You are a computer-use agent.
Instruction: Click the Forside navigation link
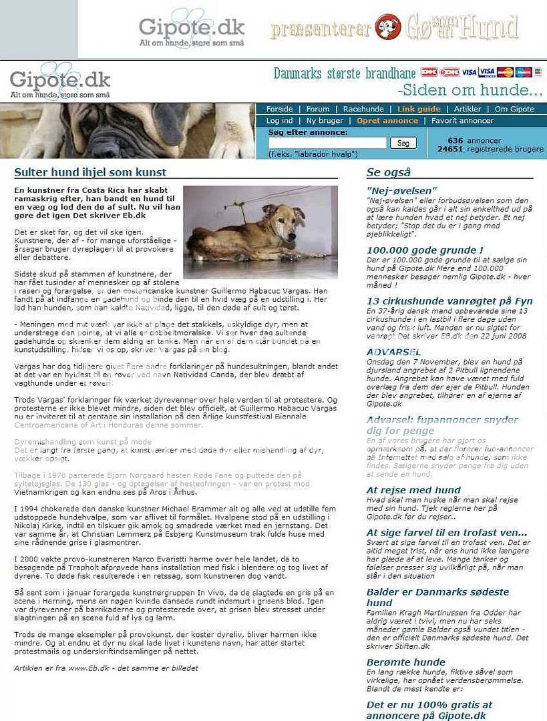pos(279,109)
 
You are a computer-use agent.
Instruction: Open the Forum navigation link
pos(318,109)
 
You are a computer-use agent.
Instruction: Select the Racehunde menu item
pos(363,109)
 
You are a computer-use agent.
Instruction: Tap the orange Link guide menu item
pos(419,109)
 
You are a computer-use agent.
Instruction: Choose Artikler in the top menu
pos(468,109)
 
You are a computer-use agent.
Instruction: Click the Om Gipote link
pos(514,109)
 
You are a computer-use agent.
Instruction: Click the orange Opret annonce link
pos(387,121)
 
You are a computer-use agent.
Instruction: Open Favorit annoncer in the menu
pos(462,121)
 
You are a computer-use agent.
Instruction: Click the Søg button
pos(403,143)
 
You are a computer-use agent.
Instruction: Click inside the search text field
pos(327,143)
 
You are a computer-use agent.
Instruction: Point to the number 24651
pos(450,149)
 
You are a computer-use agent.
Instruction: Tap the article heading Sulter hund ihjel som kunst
pos(90,172)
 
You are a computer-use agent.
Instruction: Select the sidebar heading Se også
pos(389,172)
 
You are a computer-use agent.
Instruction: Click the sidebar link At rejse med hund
pos(413,489)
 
